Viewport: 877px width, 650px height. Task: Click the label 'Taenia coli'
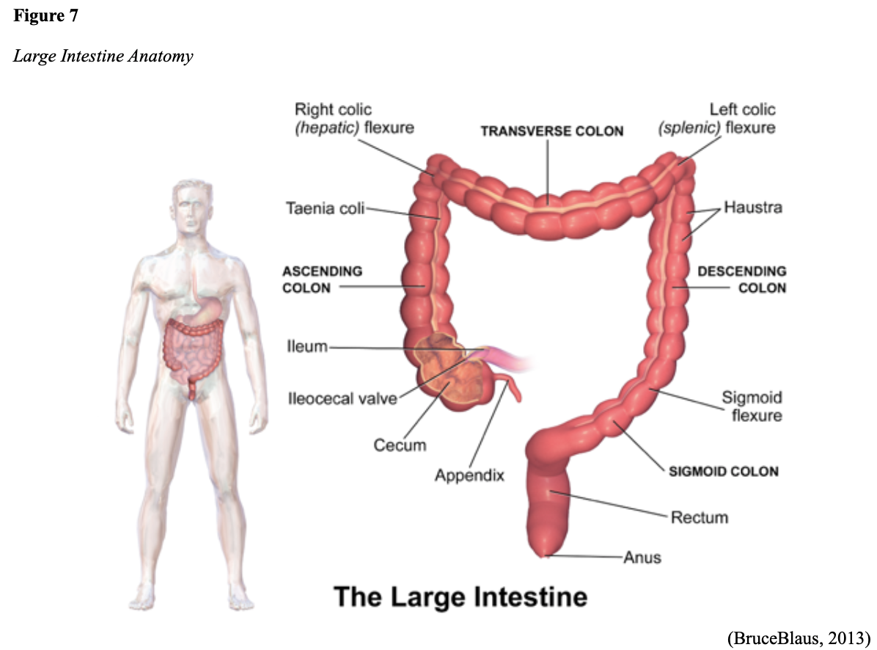click(x=324, y=209)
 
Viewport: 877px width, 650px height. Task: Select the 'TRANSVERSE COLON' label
click(x=551, y=131)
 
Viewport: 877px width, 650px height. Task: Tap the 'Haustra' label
click(x=753, y=208)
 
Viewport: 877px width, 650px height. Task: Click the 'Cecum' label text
click(x=400, y=445)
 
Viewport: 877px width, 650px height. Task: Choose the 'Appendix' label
click(x=469, y=475)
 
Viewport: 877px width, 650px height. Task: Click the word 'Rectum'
click(x=700, y=517)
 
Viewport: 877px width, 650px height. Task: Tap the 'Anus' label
click(x=642, y=558)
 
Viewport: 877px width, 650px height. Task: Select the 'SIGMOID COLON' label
click(x=724, y=472)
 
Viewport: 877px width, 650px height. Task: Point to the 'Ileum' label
click(x=307, y=346)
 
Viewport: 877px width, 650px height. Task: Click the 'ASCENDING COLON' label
click(x=323, y=280)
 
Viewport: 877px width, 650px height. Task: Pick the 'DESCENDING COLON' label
click(x=741, y=280)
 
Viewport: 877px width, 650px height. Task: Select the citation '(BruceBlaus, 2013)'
click(x=797, y=634)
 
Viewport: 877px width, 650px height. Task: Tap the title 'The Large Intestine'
click(x=460, y=596)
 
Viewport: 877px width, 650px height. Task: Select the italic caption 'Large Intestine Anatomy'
click(x=103, y=56)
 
